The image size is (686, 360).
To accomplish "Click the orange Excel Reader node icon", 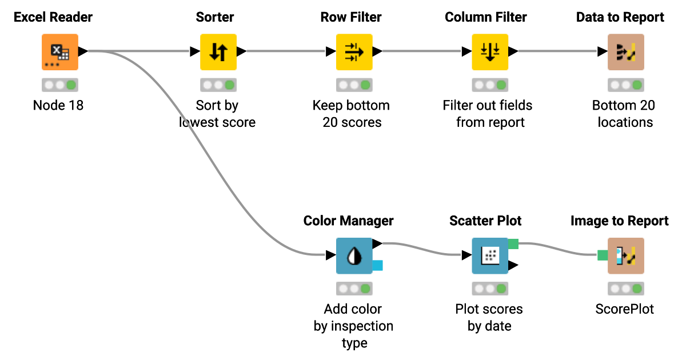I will [x=60, y=52].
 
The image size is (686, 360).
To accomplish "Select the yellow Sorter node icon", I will [x=218, y=52].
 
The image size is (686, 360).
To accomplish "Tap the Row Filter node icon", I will [x=354, y=52].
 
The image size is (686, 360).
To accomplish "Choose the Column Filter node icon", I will [x=490, y=52].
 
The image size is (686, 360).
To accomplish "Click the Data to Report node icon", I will [x=625, y=52].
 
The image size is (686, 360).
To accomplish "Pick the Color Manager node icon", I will [x=354, y=255].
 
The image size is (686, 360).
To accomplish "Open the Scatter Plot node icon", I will [x=490, y=255].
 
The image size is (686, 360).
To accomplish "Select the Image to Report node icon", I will [x=625, y=255].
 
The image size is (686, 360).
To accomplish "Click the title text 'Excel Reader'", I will [x=53, y=17].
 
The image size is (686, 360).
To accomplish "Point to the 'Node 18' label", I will [x=58, y=105].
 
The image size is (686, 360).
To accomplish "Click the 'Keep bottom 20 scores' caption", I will [x=352, y=114].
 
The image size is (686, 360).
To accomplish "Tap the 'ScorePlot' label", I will [x=624, y=309].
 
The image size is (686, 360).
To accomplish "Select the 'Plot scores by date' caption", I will [x=489, y=318].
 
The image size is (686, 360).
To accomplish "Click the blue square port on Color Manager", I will [x=377, y=265].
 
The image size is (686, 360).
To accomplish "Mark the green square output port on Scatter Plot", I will [x=513, y=244].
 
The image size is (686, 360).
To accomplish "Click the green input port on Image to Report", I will [x=603, y=255].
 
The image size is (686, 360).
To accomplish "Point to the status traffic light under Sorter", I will [x=218, y=85].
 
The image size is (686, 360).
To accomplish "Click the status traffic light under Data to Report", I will [x=625, y=85].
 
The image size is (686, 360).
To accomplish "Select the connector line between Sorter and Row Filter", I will [x=286, y=51].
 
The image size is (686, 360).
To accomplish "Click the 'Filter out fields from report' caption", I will [x=488, y=114].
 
